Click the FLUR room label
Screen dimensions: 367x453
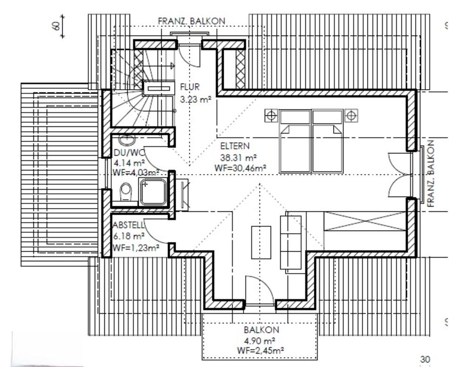click(190, 87)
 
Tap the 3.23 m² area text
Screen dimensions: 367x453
click(195, 100)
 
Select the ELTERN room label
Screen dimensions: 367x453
click(235, 146)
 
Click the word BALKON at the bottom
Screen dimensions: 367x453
click(261, 330)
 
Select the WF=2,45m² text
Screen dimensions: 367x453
click(261, 350)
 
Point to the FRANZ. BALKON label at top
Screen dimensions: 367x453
click(192, 21)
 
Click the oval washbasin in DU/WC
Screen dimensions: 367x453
click(126, 140)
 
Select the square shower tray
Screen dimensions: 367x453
click(154, 192)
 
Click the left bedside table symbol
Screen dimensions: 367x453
click(271, 115)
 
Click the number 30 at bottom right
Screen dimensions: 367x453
click(425, 360)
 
